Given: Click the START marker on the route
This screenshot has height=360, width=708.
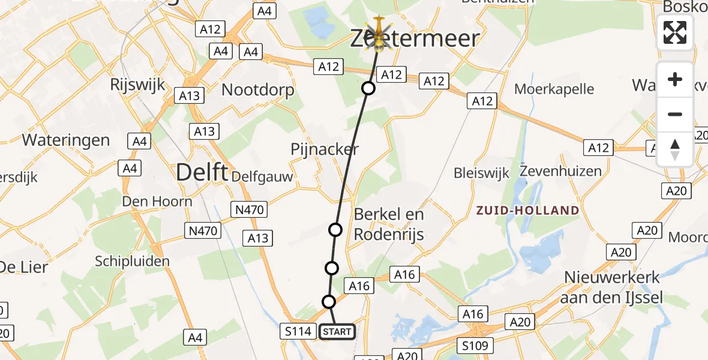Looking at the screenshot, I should click(x=337, y=332).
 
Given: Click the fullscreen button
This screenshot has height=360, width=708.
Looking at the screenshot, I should click(x=675, y=32).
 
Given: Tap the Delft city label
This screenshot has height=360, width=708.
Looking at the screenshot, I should click(x=202, y=173).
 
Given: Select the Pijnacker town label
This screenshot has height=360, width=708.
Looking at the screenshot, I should click(x=324, y=149).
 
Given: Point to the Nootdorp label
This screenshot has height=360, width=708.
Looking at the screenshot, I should click(x=258, y=91).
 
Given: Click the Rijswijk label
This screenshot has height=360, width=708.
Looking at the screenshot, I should click(x=137, y=85).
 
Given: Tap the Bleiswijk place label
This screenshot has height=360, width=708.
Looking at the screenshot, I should click(x=481, y=173).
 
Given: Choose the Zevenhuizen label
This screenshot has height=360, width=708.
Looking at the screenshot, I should click(x=560, y=171).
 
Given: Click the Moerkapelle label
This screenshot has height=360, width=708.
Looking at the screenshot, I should click(x=554, y=89).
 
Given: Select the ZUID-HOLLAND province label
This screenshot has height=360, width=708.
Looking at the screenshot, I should click(x=528, y=211).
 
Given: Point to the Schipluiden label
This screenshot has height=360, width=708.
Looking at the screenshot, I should click(x=132, y=261).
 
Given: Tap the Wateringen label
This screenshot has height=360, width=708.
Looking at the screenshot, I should click(x=66, y=140).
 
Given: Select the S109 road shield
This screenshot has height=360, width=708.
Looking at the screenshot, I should click(x=475, y=346).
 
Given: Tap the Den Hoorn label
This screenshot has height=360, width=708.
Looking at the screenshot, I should click(x=157, y=201).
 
